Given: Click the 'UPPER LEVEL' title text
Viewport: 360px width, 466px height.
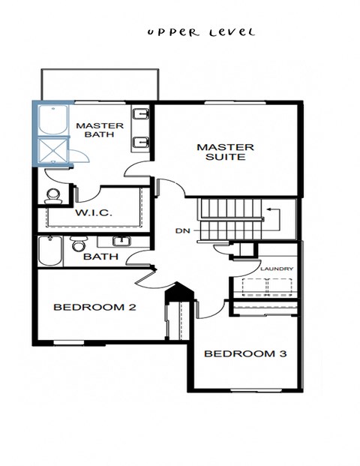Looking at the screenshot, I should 200,32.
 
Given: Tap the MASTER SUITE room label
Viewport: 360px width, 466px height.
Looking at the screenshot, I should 225,152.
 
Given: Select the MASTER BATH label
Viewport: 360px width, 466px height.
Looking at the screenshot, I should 99,130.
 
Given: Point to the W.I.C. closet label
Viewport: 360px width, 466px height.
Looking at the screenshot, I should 94,213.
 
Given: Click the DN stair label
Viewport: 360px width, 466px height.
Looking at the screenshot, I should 181,230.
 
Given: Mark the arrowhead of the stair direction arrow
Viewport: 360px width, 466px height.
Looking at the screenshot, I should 268,212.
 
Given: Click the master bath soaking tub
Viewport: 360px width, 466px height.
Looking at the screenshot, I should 53,119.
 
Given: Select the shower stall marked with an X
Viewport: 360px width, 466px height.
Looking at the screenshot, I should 53,149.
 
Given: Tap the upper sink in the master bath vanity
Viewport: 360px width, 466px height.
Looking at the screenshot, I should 140,115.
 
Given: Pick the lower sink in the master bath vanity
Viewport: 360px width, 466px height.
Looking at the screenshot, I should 140,142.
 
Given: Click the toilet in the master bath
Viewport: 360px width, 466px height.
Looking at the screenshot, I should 53,196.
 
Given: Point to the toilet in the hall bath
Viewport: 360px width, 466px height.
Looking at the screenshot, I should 78,245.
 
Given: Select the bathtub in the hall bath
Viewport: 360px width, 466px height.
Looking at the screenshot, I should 49,252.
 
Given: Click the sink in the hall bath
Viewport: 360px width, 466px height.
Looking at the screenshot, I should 121,241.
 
